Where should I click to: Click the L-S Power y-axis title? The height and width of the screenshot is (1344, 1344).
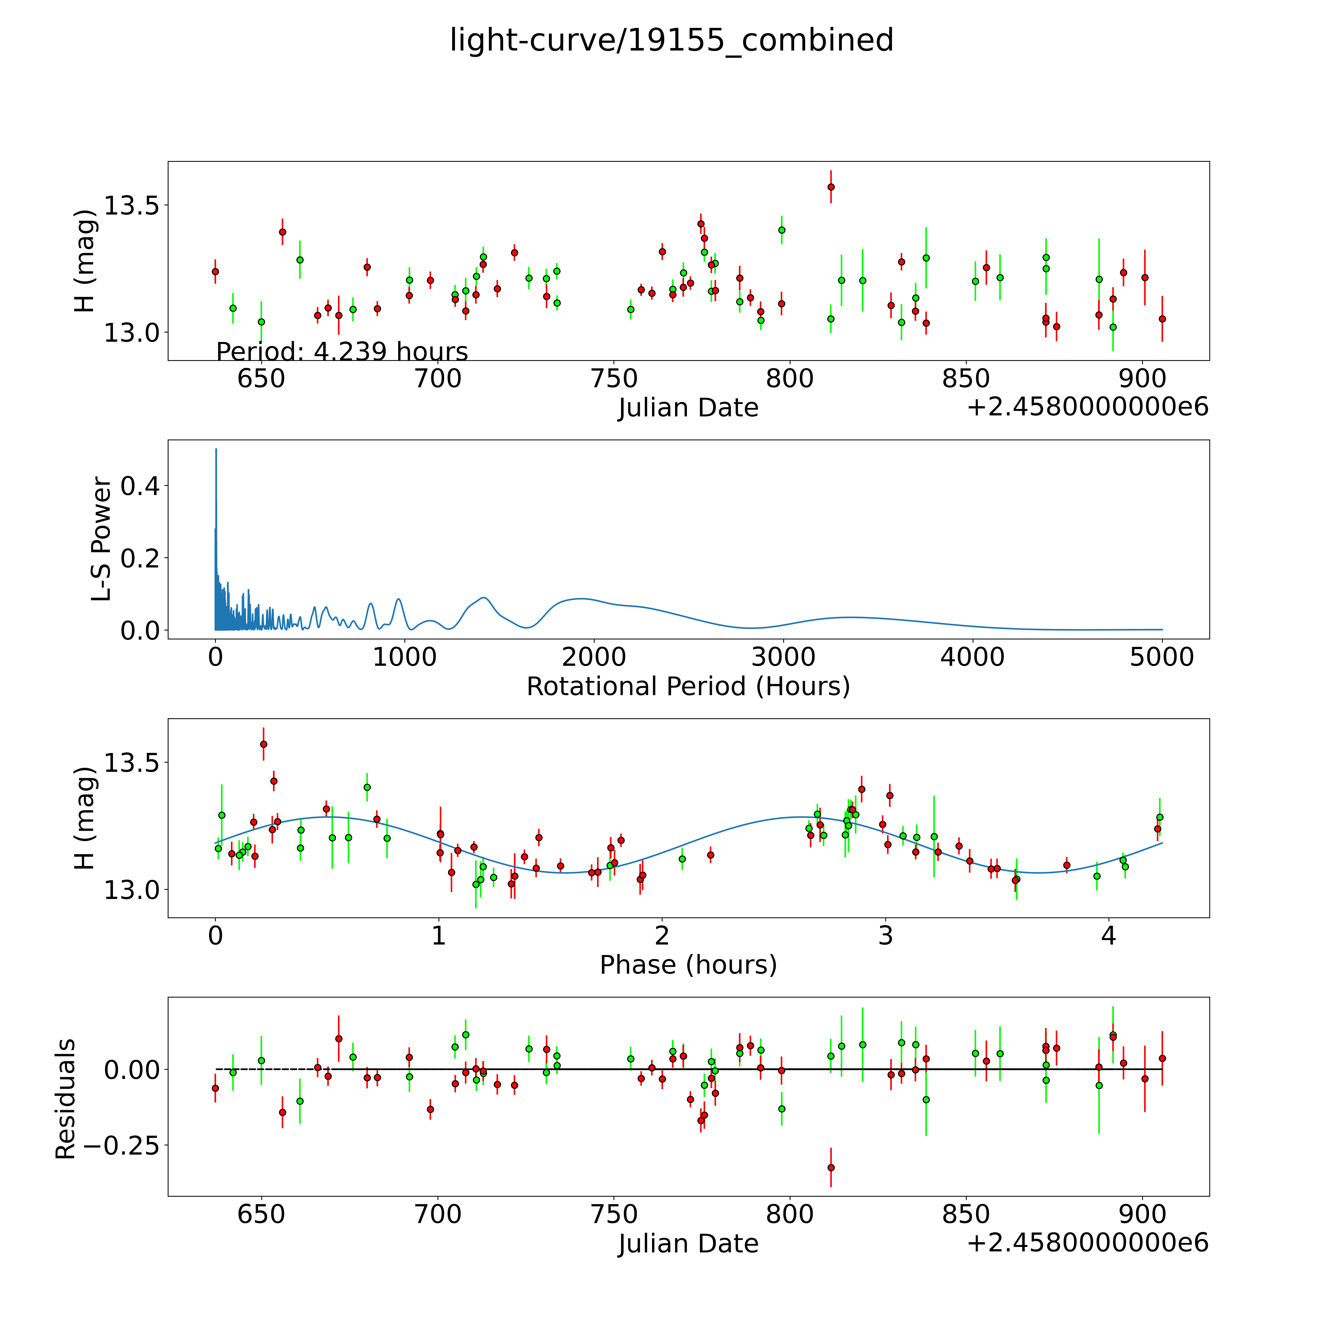102,539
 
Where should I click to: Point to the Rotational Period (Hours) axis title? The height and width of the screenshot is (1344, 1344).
688,687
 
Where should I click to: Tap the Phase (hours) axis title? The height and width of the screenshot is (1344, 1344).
688,965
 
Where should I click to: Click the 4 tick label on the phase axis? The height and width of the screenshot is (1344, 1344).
1108,936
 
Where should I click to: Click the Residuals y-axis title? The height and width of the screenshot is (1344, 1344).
65,1099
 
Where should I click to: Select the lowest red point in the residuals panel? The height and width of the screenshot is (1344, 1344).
831,1167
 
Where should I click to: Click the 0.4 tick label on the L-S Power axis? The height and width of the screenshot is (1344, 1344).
140,486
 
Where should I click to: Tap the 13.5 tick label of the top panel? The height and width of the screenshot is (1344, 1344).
131,206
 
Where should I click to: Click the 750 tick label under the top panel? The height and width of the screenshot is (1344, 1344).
614,379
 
